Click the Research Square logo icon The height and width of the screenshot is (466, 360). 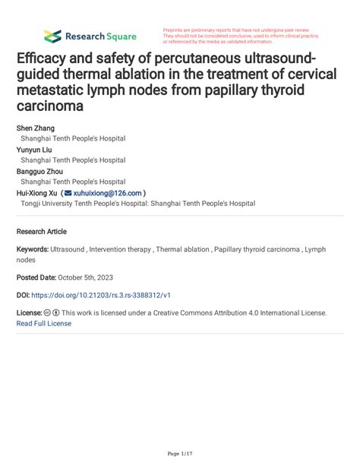tap(52, 36)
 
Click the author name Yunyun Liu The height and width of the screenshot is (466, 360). tap(35, 150)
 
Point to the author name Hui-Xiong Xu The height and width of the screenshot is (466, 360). tap(37, 193)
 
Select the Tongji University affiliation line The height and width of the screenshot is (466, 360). tap(137, 204)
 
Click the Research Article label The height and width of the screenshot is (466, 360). tap(41, 231)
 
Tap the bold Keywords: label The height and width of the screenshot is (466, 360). tap(33, 249)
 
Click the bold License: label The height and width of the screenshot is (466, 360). tap(29, 312)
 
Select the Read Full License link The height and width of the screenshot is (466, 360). tap(43, 323)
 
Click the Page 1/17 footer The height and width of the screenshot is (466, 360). tap(179, 453)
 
